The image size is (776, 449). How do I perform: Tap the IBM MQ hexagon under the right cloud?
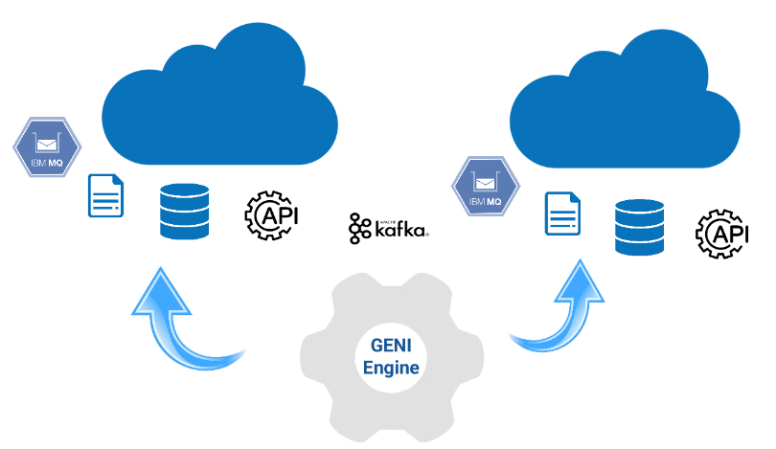click(x=485, y=184)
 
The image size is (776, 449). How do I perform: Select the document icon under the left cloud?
click(x=106, y=197)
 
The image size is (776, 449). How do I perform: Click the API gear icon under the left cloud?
click(x=272, y=214)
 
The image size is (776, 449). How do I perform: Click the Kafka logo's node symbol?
click(x=360, y=228)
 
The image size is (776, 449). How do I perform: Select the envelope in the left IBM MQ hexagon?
click(x=46, y=145)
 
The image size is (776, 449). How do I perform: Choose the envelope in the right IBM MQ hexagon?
click(x=485, y=179)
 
